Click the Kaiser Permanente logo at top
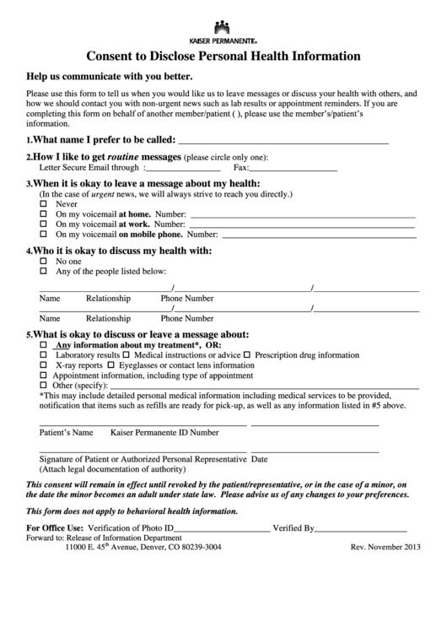[223, 29]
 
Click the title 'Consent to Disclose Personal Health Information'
[223, 57]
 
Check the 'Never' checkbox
[44, 204]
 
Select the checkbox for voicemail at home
[44, 214]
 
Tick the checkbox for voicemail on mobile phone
[44, 235]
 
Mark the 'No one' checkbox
[44, 262]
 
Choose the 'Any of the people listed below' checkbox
[44, 272]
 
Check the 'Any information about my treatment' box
[44, 346]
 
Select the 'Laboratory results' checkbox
[44, 356]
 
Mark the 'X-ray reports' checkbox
[44, 366]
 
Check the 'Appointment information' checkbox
[44, 376]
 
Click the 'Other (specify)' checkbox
[44, 386]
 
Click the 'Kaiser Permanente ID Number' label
[164, 432]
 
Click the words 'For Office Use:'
[56, 529]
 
